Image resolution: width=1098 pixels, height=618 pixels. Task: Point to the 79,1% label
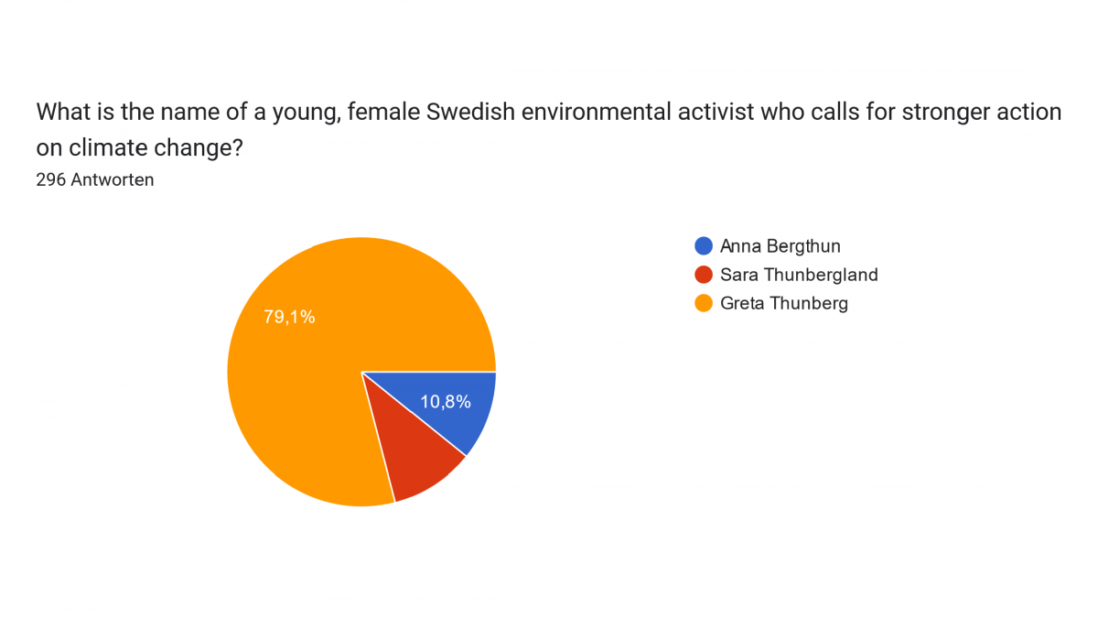click(x=289, y=317)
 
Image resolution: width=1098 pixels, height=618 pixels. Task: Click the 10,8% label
click(x=446, y=402)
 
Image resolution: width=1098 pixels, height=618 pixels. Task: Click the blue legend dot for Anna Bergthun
click(x=704, y=245)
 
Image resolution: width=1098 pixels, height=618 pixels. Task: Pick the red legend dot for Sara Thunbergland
click(x=704, y=275)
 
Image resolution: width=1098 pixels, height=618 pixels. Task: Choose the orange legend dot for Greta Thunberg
click(x=704, y=303)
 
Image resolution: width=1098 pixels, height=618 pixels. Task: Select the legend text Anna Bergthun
click(x=780, y=246)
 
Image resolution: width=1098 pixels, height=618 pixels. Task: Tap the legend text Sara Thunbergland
click(x=799, y=275)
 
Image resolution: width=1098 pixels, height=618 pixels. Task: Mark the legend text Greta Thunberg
click(x=784, y=304)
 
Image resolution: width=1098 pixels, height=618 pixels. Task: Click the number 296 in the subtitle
click(x=51, y=180)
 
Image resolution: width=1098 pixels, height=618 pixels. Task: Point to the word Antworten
click(x=113, y=180)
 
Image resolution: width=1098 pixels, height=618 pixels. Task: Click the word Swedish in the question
click(x=470, y=112)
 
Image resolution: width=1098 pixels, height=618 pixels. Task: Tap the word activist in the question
click(x=716, y=112)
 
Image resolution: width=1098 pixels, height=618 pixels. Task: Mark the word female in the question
click(x=383, y=112)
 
